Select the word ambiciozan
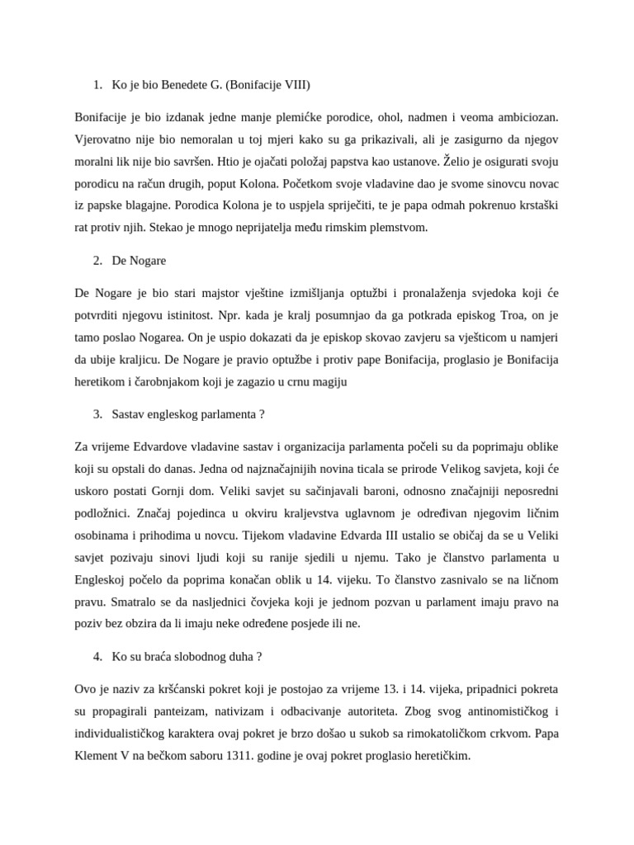click(x=528, y=120)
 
